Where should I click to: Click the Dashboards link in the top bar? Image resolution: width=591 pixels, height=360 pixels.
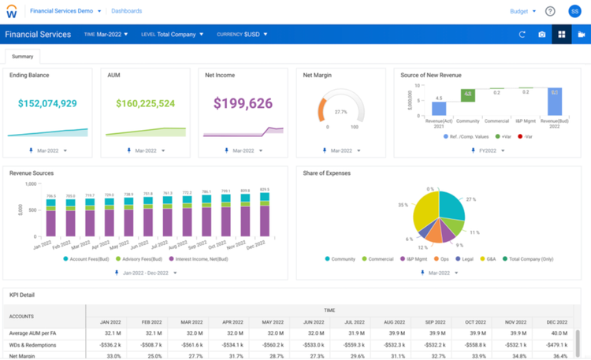(x=127, y=11)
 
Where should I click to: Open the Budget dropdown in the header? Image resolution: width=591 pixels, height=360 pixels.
(x=522, y=11)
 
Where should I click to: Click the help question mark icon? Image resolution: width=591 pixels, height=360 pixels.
(x=550, y=11)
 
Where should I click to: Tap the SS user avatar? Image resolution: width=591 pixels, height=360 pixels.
(x=574, y=11)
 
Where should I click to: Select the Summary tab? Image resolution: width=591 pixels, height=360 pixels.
(x=22, y=56)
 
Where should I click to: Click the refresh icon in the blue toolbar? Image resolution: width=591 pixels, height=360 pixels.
(x=522, y=35)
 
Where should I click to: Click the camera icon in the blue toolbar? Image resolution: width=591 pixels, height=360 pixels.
(x=542, y=35)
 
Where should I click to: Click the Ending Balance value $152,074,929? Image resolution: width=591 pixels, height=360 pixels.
(x=48, y=103)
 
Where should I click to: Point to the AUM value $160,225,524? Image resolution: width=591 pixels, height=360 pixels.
(x=146, y=103)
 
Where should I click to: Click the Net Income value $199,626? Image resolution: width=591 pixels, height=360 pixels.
(x=243, y=103)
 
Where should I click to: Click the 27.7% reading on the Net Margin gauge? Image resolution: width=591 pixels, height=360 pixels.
(x=340, y=112)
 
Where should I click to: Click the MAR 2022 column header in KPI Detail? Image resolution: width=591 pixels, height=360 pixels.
(x=191, y=321)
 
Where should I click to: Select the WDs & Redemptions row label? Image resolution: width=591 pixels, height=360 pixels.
(x=32, y=344)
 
